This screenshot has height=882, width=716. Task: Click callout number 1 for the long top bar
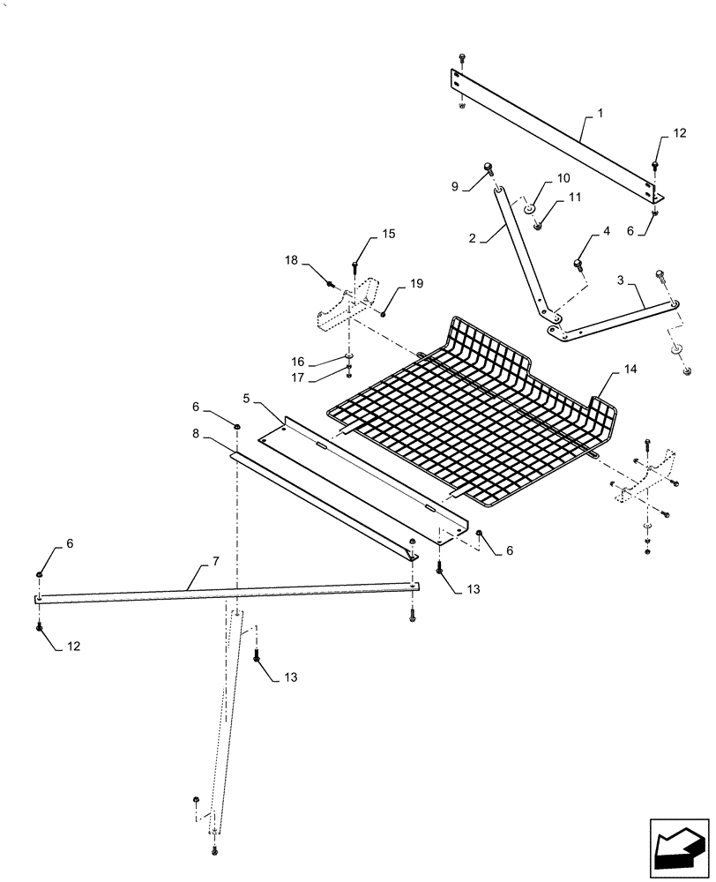600,114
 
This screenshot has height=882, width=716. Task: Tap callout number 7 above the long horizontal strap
191,561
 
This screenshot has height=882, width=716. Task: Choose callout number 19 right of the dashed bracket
416,283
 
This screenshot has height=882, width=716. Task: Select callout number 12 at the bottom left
73,647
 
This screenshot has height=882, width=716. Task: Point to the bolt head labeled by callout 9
487,168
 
